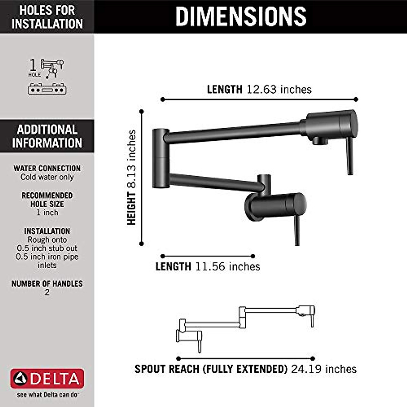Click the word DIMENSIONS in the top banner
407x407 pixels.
coord(241,16)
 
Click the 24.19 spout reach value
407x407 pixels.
coord(306,369)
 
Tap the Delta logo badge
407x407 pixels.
coord(47,379)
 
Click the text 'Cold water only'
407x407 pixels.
coord(47,177)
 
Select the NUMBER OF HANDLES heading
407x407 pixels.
coord(47,284)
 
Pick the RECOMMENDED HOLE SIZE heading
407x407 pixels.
coord(47,200)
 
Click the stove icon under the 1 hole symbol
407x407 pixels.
coord(47,89)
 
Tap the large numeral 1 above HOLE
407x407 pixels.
coord(33,65)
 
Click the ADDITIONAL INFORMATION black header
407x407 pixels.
coord(47,136)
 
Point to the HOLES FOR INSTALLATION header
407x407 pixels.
coord(47,17)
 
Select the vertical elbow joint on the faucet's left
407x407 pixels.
coord(160,158)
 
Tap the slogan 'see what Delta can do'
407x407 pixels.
coord(47,395)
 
